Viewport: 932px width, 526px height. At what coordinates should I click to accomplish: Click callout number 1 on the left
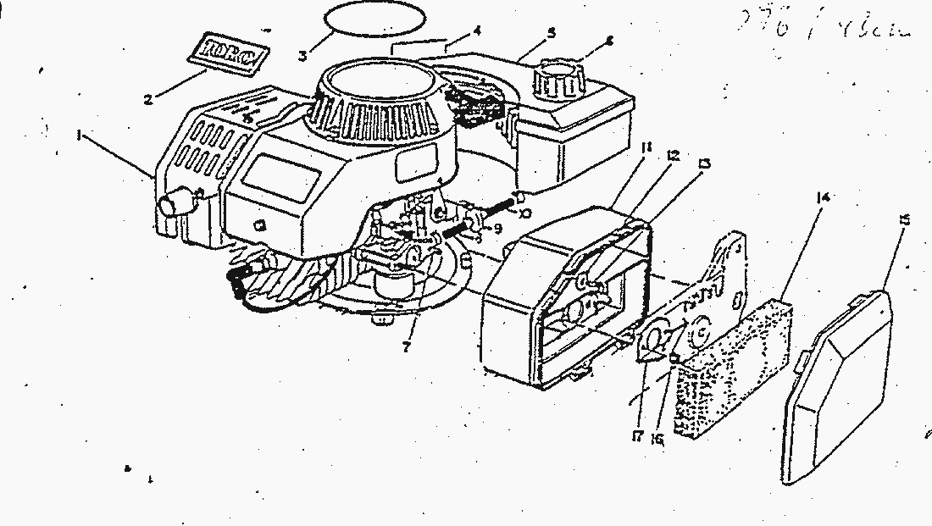(80, 135)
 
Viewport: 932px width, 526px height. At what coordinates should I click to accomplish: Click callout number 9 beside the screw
(499, 228)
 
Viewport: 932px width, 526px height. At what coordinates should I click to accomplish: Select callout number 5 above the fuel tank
(551, 33)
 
